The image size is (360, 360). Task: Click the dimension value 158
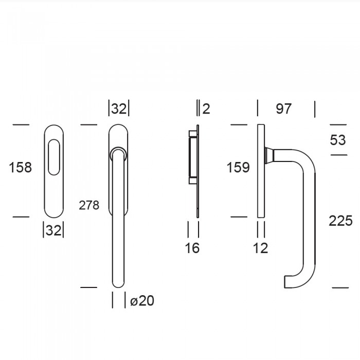(20, 167)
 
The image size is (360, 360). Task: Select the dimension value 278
(89, 205)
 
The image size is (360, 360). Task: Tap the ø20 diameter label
(142, 300)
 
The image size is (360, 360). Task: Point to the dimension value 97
(284, 109)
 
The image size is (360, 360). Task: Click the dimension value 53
(338, 140)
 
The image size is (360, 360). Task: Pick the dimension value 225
(340, 221)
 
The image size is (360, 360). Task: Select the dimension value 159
(238, 167)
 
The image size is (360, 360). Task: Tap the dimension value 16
(192, 248)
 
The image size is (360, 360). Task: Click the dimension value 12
(261, 248)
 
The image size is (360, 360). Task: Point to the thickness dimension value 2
(206, 109)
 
